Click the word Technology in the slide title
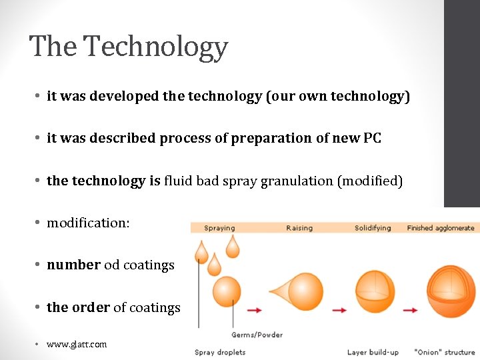[x=156, y=47]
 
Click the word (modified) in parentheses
[x=371, y=181]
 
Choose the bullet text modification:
[x=88, y=223]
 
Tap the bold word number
[x=73, y=265]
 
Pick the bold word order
[x=90, y=307]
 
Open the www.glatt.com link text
[x=76, y=344]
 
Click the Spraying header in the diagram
[x=219, y=228]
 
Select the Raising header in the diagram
[x=299, y=228]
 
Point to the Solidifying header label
[x=373, y=228]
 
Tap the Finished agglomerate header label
[x=440, y=228]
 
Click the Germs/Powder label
[x=257, y=335]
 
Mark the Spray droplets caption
[x=220, y=352]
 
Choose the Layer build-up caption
[x=373, y=352]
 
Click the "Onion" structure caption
[x=444, y=352]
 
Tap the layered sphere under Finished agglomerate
[x=451, y=293]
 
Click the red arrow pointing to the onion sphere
[x=410, y=310]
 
